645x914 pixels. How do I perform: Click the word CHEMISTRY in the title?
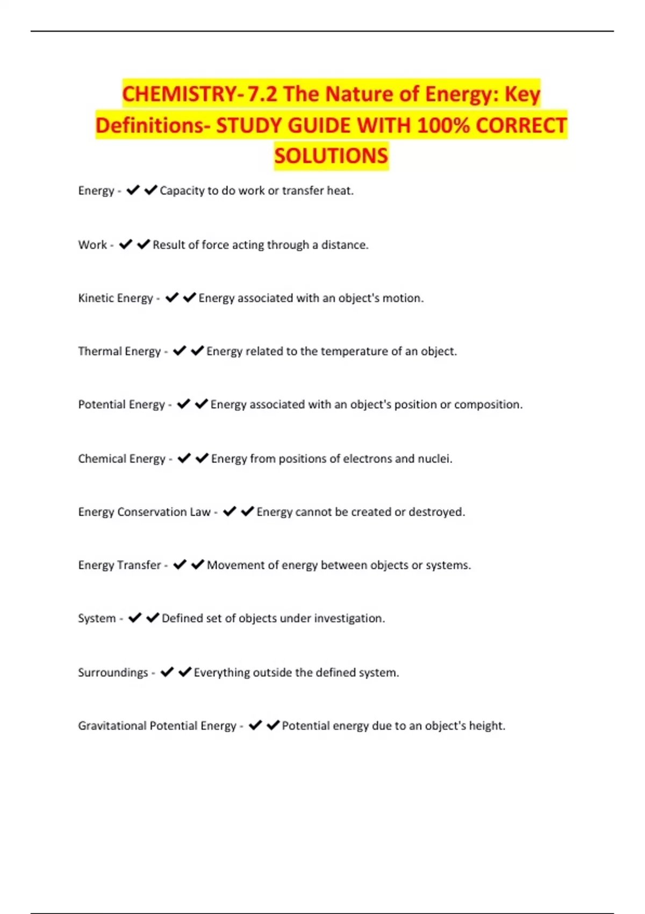(179, 95)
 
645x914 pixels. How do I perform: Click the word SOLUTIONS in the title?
(331, 156)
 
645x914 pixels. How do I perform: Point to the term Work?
(92, 245)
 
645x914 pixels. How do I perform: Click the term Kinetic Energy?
(116, 298)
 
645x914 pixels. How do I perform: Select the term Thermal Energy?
(119, 352)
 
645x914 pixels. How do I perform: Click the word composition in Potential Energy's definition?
(487, 405)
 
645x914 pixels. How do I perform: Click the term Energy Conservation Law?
(144, 512)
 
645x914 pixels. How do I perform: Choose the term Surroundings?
(113, 673)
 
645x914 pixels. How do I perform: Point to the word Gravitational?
(112, 726)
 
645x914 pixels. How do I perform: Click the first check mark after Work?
(126, 245)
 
